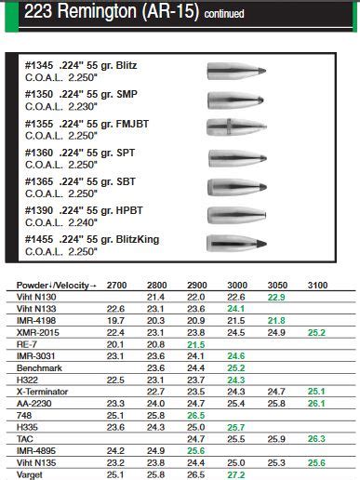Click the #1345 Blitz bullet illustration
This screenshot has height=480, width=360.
point(233,71)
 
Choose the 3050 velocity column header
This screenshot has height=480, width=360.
point(276,283)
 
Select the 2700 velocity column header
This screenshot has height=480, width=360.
point(116,283)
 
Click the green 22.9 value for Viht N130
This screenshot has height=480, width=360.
point(276,295)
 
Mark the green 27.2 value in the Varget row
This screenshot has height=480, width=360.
point(236,474)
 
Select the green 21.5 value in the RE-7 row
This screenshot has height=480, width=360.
point(196,343)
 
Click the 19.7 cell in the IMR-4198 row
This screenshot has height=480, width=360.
point(116,319)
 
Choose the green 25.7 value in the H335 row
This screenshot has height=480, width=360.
point(236,426)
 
